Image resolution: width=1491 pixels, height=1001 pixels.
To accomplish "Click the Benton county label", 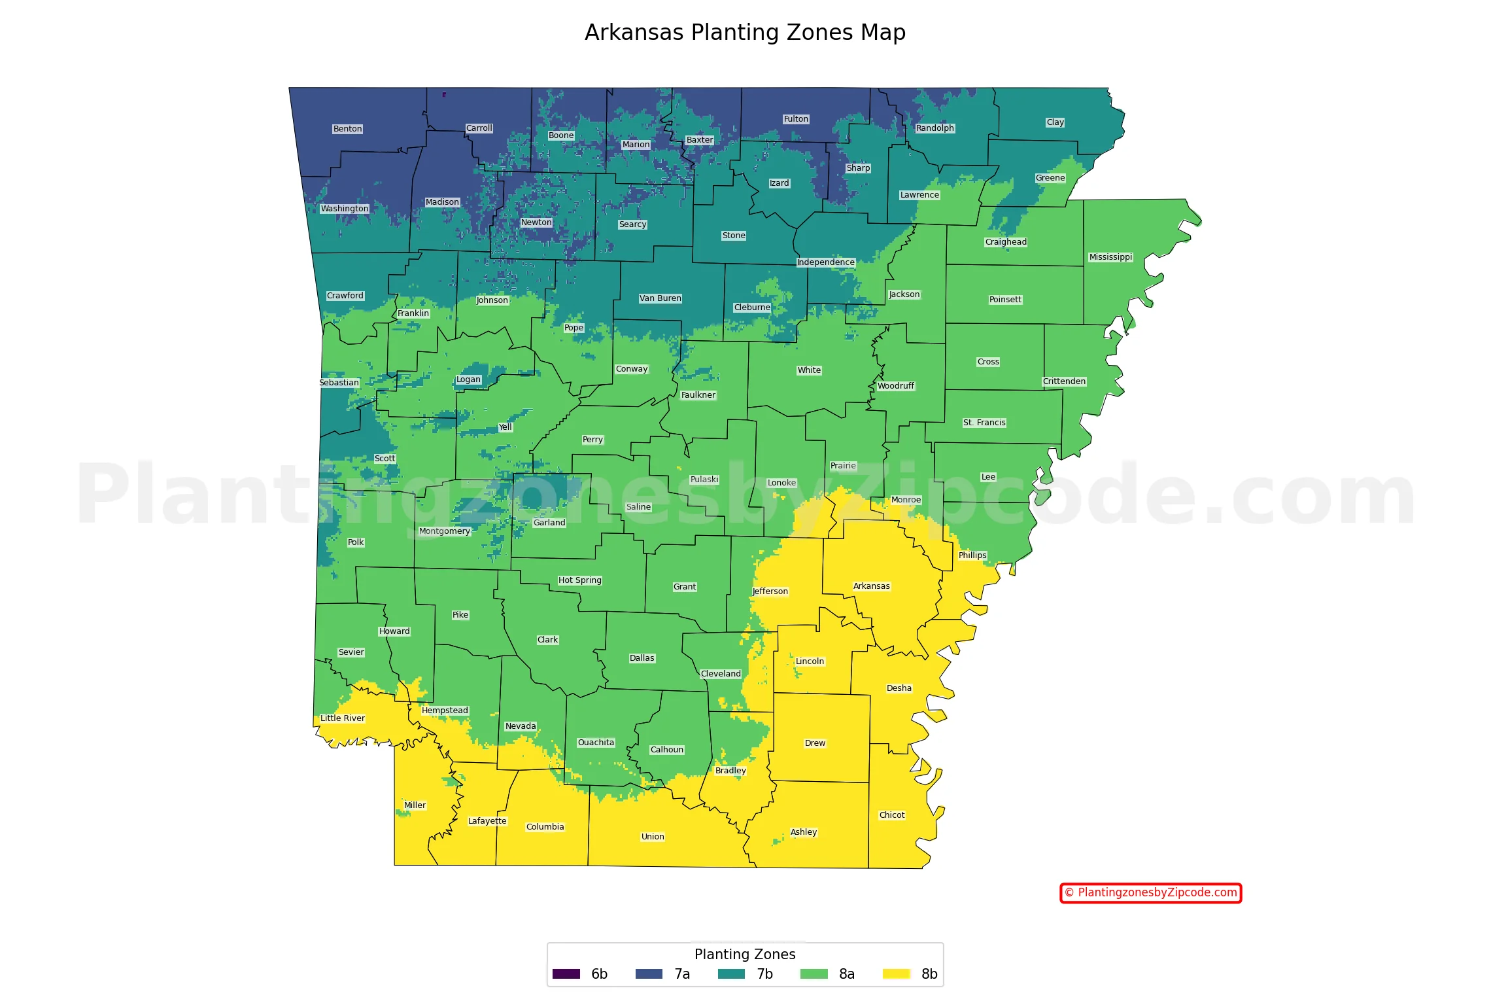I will [x=347, y=129].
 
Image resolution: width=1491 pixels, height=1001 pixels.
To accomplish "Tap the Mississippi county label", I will [x=1110, y=257].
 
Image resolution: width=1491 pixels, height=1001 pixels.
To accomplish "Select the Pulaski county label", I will [x=704, y=480].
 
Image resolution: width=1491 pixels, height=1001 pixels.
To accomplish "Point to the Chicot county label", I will [x=892, y=815].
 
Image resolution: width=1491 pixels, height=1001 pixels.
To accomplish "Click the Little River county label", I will [x=342, y=718].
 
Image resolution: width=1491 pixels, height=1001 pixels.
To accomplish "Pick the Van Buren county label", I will [x=660, y=298].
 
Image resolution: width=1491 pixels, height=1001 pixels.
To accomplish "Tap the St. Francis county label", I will [x=984, y=423].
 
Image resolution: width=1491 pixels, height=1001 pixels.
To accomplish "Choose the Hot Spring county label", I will [x=579, y=580].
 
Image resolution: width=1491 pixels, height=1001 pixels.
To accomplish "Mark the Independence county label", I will [x=825, y=262].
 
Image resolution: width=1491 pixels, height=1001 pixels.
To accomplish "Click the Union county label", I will [x=653, y=837].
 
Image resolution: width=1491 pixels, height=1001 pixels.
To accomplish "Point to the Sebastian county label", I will [x=339, y=383].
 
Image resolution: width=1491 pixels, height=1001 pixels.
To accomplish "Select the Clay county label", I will [x=1055, y=122].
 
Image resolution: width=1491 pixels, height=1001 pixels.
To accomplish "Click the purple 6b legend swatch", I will [x=566, y=974].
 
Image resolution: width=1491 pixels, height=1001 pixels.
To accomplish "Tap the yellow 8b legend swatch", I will [x=896, y=974].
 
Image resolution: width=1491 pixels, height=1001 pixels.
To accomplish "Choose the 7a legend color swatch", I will [x=649, y=974].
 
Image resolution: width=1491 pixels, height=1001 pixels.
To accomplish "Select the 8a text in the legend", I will [x=847, y=974].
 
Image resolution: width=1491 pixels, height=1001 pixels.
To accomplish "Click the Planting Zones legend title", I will [x=745, y=955].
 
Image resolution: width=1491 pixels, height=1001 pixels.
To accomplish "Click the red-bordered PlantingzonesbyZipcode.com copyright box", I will [x=1150, y=893].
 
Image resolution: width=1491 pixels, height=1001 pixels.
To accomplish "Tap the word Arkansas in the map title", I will [x=634, y=33].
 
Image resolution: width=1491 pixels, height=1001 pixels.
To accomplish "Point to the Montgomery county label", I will [x=445, y=531].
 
